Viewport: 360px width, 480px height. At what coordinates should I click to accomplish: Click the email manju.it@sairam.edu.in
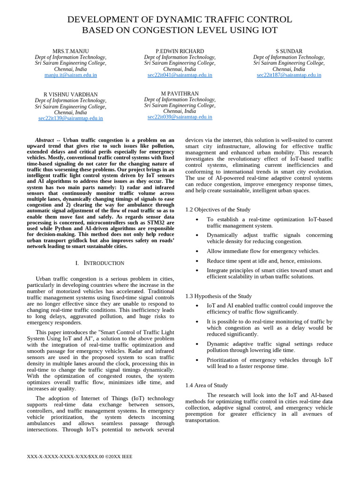[70, 75]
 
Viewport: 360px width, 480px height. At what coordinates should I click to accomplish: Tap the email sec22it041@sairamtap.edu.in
[180, 75]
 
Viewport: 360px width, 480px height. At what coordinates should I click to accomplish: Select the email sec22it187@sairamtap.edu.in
[289, 75]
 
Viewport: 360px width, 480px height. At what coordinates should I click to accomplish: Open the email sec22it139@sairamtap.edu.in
[70, 119]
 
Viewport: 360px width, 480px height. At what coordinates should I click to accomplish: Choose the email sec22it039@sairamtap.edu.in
[180, 117]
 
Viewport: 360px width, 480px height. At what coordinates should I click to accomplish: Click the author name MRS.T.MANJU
[70, 51]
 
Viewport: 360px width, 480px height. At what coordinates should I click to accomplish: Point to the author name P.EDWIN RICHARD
[180, 51]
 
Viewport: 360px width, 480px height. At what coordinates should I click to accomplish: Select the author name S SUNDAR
[289, 51]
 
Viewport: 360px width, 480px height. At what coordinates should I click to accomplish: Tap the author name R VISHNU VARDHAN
[70, 95]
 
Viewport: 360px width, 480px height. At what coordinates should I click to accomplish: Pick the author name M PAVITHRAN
[180, 94]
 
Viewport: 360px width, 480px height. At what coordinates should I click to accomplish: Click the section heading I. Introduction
[100, 263]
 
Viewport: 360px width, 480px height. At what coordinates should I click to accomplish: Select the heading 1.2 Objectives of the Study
[218, 210]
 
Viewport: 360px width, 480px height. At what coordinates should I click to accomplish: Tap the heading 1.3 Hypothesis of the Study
[218, 296]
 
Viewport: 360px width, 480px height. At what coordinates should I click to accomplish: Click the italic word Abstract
[45, 140]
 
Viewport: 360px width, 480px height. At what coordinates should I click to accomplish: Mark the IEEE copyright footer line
[81, 456]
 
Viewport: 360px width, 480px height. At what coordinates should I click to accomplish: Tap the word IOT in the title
[268, 31]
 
